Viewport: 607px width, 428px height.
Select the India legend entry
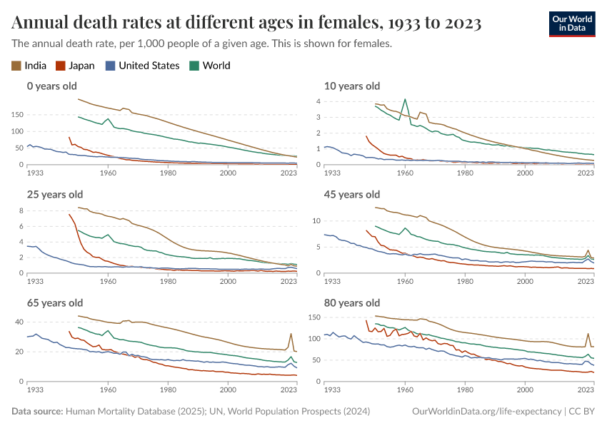point(29,66)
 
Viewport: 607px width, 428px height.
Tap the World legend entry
point(209,66)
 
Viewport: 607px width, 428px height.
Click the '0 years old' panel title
point(51,86)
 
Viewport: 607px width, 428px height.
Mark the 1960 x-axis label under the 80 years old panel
point(405,389)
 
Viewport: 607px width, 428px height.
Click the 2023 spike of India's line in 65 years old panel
point(291,334)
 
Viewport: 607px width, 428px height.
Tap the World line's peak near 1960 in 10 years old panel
point(405,99)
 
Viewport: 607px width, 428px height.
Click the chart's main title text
point(246,24)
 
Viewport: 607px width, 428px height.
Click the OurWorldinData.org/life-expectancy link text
point(487,412)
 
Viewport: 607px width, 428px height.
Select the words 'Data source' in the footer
point(36,412)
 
